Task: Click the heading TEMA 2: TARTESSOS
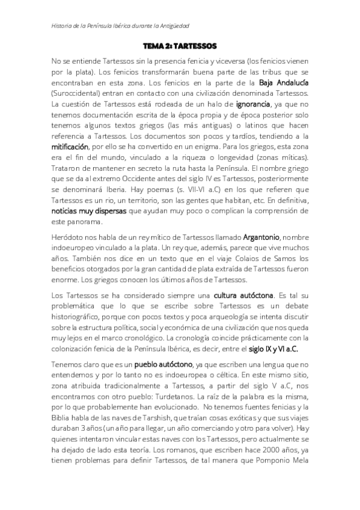click(180, 46)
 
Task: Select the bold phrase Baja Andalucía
click(282, 82)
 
